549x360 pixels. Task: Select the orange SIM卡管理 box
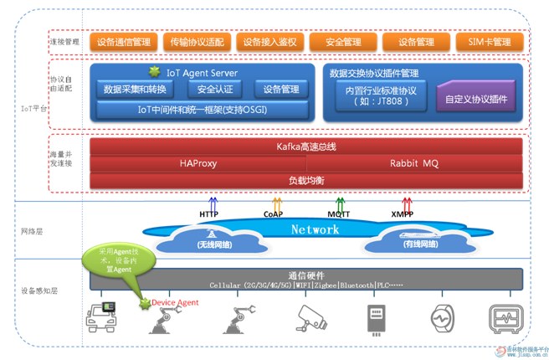(490, 41)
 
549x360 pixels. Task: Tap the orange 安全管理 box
(341, 41)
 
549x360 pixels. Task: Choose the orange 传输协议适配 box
(194, 41)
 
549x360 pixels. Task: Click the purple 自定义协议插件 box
(475, 98)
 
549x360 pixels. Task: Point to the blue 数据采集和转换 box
(136, 89)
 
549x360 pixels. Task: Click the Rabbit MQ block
(413, 163)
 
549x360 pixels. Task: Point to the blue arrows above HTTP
(213, 203)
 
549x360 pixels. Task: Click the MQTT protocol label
(339, 214)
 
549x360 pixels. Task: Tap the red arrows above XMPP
(408, 203)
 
